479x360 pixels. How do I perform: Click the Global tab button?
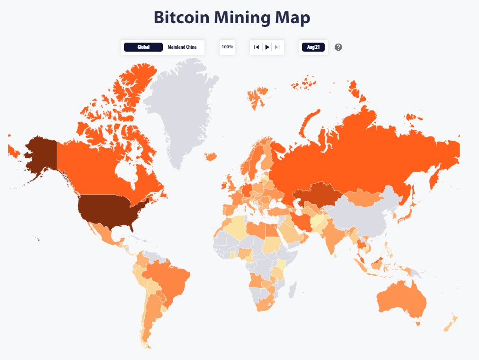coord(143,47)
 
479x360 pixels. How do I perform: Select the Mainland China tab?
coord(182,47)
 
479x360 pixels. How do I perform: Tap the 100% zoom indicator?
coord(227,47)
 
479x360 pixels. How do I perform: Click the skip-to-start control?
coord(257,47)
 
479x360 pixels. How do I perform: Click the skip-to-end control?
coord(277,47)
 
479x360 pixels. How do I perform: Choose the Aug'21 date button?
coord(313,47)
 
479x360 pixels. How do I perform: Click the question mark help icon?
coord(338,47)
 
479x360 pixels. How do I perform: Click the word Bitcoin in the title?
coord(181,18)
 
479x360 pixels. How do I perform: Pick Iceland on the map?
coord(211,156)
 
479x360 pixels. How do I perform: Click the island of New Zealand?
coord(450,322)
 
